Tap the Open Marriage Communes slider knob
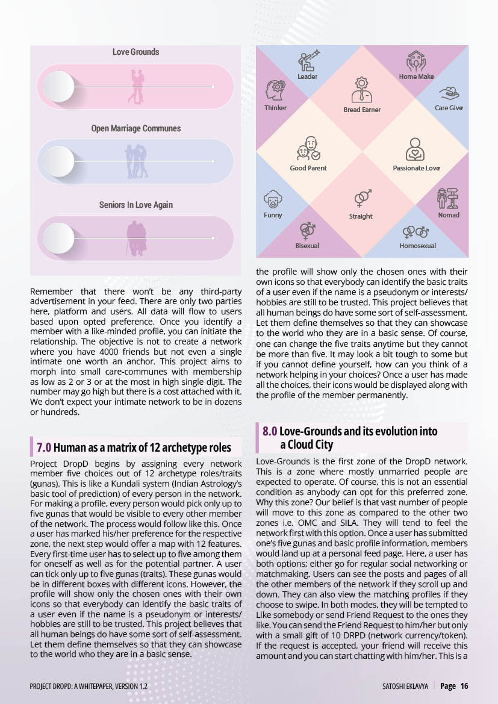point(59,161)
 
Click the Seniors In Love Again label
point(136,205)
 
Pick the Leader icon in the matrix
point(308,61)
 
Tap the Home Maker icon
point(416,61)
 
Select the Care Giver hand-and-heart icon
point(449,93)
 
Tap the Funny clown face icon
point(273,199)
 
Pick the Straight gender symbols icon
point(362,198)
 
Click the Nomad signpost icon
point(447,198)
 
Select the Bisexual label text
point(307,246)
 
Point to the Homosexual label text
point(417,246)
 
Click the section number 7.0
point(43,447)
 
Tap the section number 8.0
point(270,431)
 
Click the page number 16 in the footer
point(464,686)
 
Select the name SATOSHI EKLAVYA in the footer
point(405,686)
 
